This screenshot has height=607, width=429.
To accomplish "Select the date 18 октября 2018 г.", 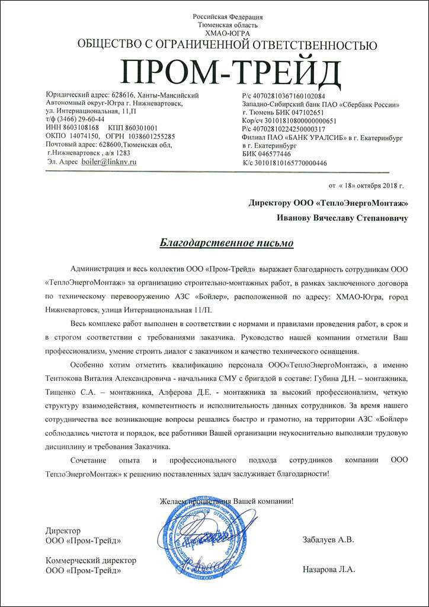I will [x=368, y=185].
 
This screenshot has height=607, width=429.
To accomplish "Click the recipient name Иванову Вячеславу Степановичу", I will [x=342, y=219].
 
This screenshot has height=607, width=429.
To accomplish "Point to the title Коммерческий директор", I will [x=91, y=560].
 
